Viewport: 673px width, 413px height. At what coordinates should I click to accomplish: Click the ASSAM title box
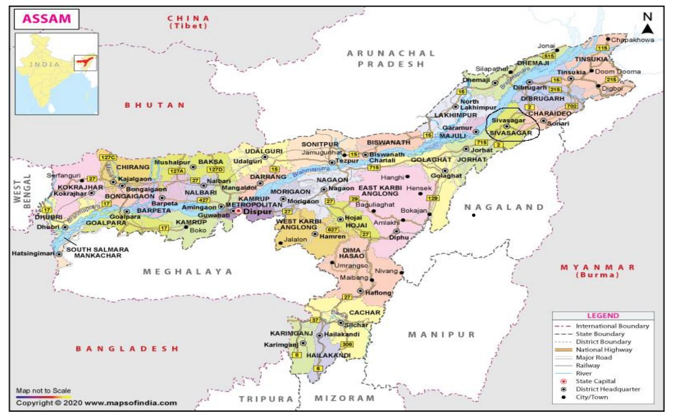46,19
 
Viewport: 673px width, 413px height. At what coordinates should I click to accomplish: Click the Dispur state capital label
257,211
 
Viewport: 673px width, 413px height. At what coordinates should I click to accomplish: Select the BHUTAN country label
154,105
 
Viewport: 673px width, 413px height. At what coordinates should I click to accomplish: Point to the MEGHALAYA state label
188,272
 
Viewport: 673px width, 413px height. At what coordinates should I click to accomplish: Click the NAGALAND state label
504,207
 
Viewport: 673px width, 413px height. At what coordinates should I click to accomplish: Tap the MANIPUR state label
441,335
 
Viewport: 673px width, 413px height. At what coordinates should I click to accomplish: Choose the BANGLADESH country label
127,349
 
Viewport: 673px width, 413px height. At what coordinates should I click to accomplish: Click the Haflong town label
378,293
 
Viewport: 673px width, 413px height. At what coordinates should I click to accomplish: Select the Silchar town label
355,325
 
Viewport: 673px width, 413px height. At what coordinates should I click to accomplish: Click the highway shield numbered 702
571,106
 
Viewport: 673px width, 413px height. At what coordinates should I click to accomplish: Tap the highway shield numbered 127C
108,157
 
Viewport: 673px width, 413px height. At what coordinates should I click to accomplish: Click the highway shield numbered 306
347,344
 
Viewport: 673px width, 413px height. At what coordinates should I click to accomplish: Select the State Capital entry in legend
595,381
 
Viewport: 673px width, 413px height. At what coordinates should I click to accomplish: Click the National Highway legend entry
603,350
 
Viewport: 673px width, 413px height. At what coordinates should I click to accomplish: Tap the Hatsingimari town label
33,254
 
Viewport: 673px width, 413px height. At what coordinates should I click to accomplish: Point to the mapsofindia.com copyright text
96,403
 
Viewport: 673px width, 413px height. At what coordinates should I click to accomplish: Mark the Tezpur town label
346,161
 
